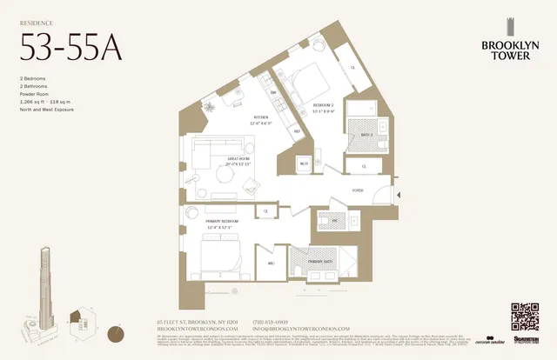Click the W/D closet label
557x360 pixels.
pyautogui.click(x=304, y=163)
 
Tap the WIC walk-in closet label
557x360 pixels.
pyautogui.click(x=271, y=263)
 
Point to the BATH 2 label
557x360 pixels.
pyautogui.click(x=366, y=135)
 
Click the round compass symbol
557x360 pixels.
pyautogui.click(x=115, y=332)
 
